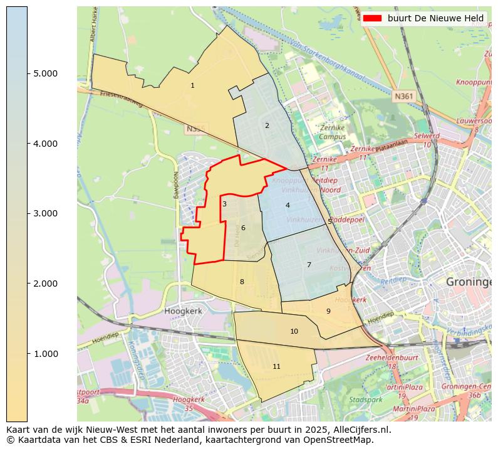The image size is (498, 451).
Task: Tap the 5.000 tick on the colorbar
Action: coord(44,73)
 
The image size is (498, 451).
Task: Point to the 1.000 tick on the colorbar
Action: coord(44,354)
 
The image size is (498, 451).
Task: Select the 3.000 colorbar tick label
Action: coord(44,214)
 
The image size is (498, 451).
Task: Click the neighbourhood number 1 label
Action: coord(192,85)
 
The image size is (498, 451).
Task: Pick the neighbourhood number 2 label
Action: coord(267,125)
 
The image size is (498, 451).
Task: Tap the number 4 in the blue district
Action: coord(288,205)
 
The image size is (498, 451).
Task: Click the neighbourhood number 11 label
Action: coord(276,366)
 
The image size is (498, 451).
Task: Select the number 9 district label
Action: coord(328,311)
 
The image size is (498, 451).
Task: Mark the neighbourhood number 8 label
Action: coord(242,282)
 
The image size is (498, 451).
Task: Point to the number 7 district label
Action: coord(309,265)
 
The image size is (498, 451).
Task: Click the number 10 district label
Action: coord(294,331)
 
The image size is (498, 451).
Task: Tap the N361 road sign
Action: coord(403,96)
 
